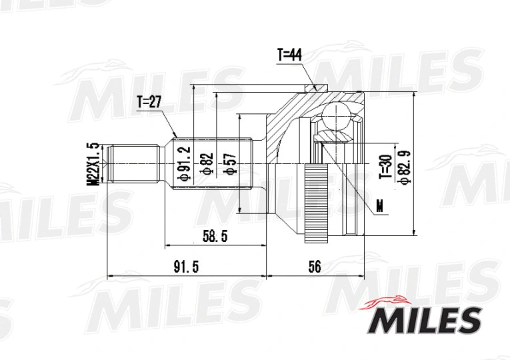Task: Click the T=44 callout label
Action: click(289, 55)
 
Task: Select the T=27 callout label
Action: click(149, 102)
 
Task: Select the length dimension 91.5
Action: click(186, 267)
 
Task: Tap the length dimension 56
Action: click(315, 267)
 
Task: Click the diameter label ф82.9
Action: click(403, 164)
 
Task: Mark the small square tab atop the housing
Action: click(319, 87)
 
